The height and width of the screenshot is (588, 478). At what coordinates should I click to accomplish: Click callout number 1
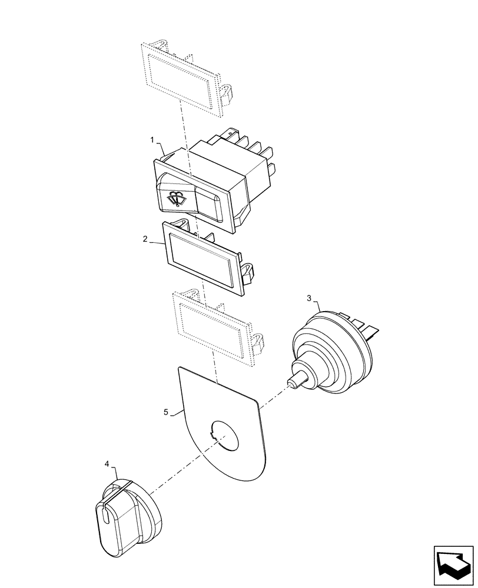click(152, 141)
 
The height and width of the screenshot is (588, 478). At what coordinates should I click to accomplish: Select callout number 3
click(308, 298)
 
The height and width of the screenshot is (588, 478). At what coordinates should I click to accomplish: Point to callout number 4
click(107, 464)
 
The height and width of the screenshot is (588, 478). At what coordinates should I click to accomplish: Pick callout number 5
click(166, 413)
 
